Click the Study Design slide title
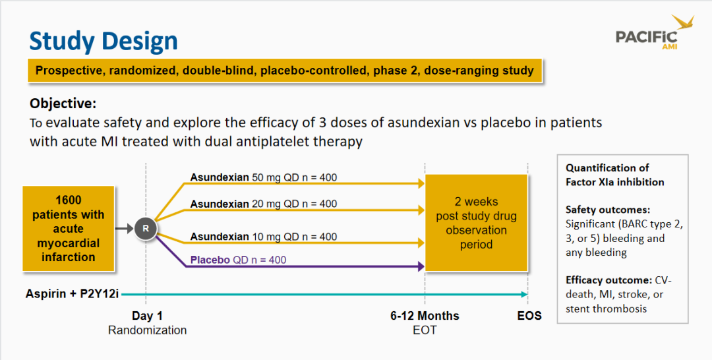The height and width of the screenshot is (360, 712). click(104, 42)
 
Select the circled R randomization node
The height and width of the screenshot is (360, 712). click(146, 228)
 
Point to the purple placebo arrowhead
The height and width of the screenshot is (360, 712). click(421, 266)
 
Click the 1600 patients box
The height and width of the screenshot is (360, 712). click(68, 228)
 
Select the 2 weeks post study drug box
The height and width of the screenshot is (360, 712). click(476, 223)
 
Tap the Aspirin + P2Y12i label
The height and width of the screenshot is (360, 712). click(73, 294)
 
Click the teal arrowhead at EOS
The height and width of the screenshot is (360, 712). click(524, 294)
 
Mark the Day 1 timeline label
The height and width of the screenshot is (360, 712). click(147, 316)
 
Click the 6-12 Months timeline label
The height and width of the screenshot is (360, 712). click(425, 316)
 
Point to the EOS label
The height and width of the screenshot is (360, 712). click(529, 316)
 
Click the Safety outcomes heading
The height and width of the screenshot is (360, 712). click(608, 210)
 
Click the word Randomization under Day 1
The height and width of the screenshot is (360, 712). click(147, 330)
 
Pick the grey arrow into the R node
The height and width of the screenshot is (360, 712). click(124, 228)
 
